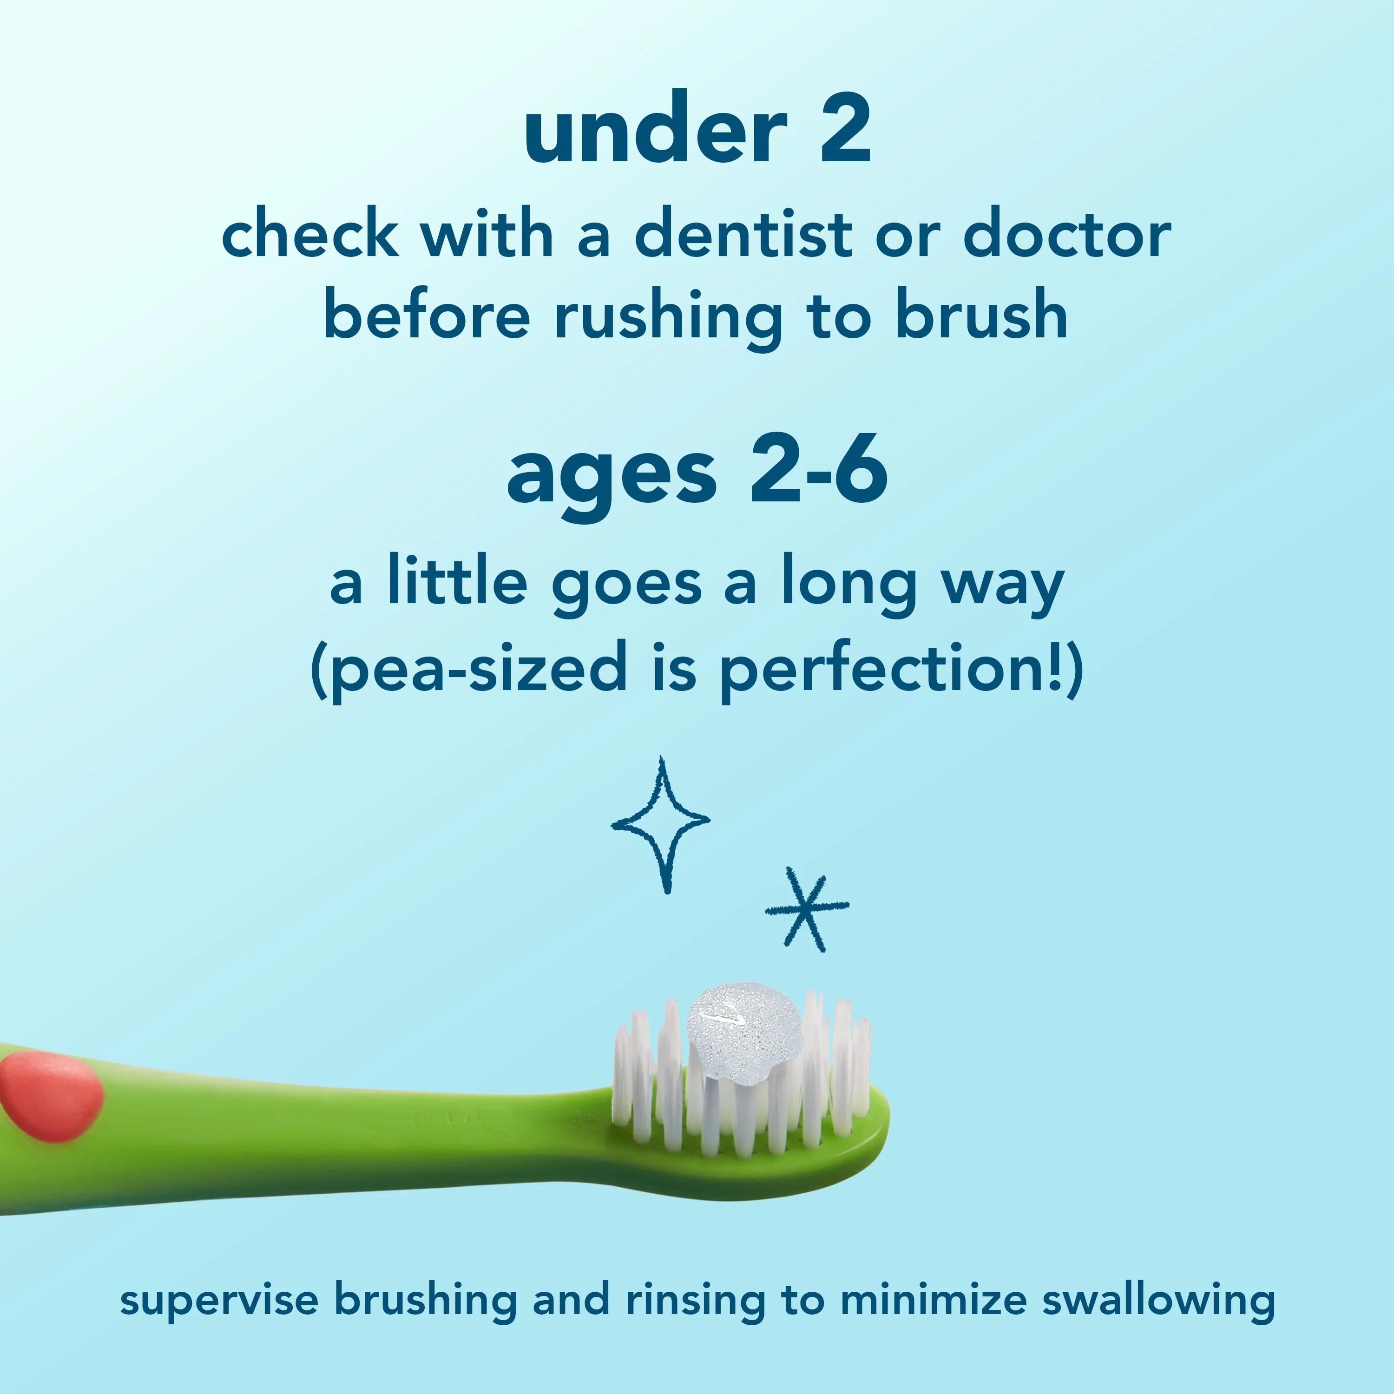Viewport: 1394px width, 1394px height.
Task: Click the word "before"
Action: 427,316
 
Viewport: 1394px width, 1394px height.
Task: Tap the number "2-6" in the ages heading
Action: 818,473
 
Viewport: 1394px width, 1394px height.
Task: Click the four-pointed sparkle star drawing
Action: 660,822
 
